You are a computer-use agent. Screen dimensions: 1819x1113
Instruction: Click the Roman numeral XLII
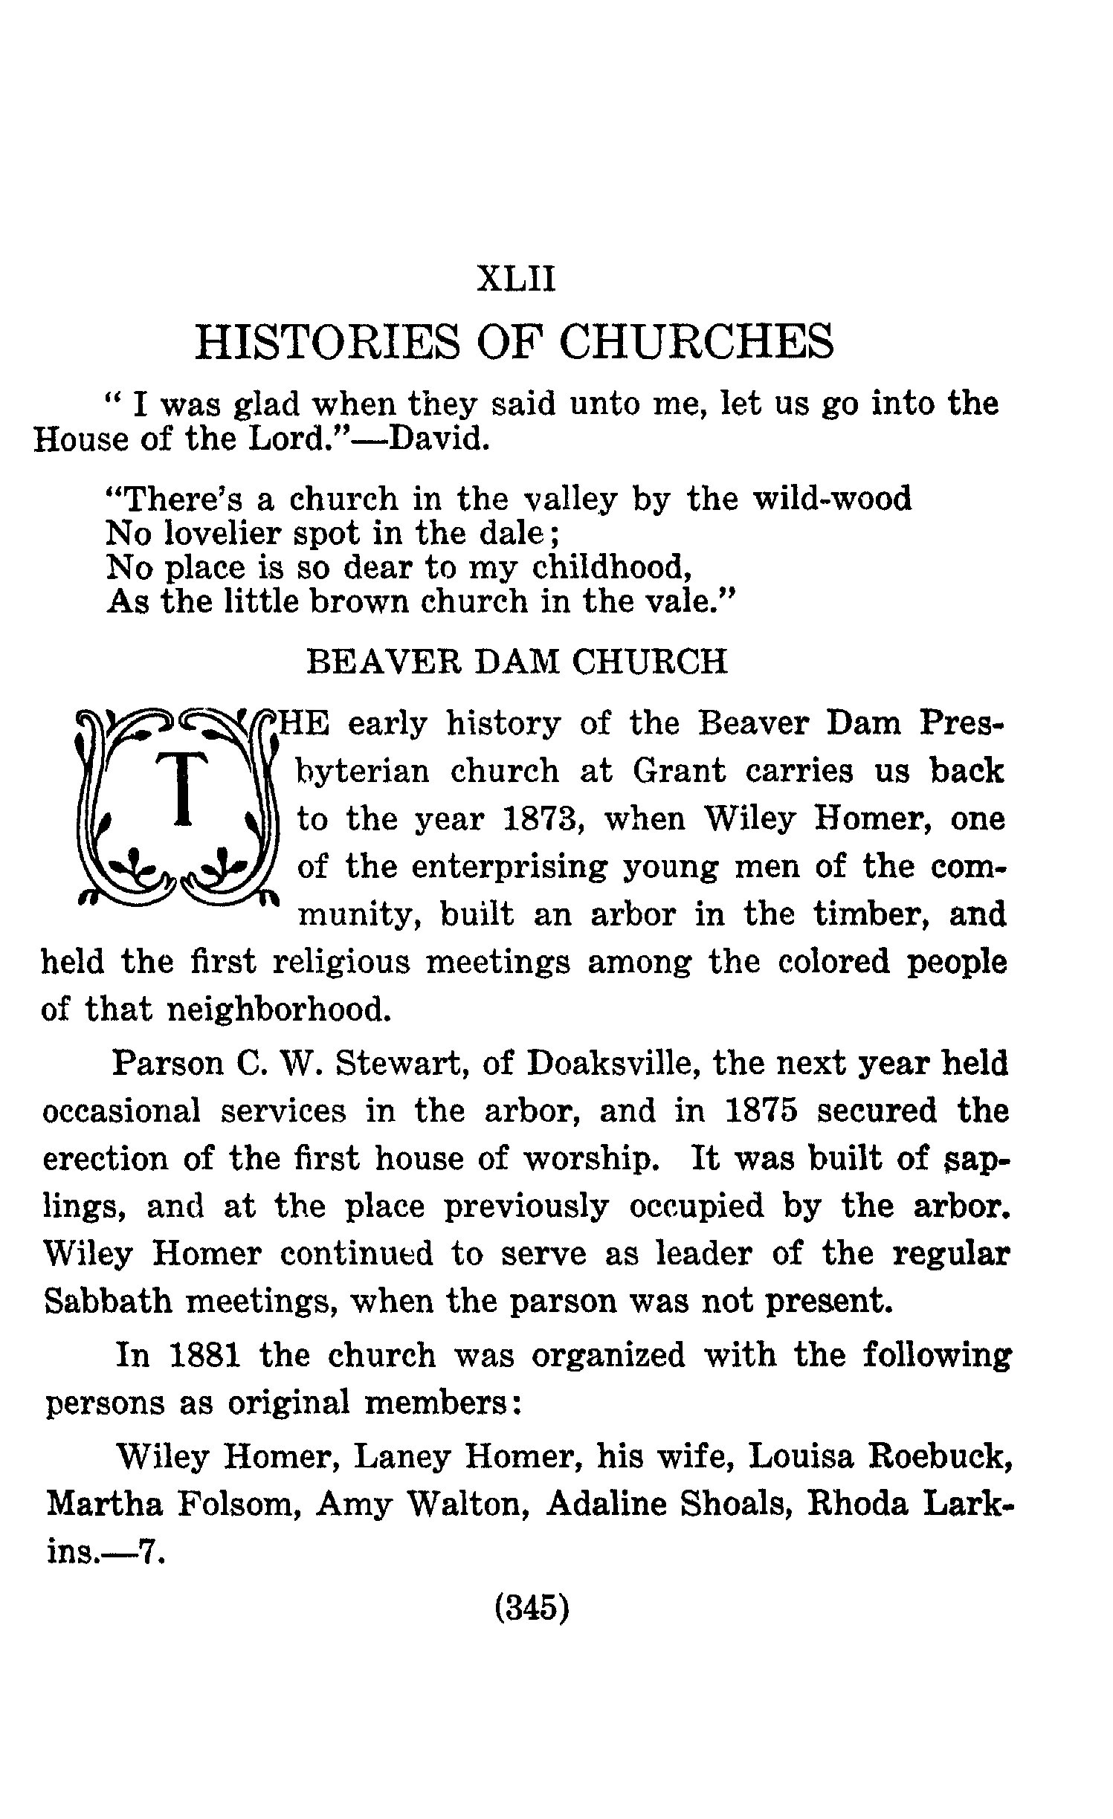tap(516, 280)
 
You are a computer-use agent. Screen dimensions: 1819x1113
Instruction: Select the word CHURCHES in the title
tap(695, 342)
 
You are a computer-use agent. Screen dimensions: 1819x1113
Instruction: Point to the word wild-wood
tap(832, 499)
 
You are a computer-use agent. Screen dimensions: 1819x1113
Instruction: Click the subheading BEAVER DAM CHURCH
tap(517, 662)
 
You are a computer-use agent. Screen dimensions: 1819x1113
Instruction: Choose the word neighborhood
tap(277, 1009)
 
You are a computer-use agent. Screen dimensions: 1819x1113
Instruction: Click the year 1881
tap(204, 1355)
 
